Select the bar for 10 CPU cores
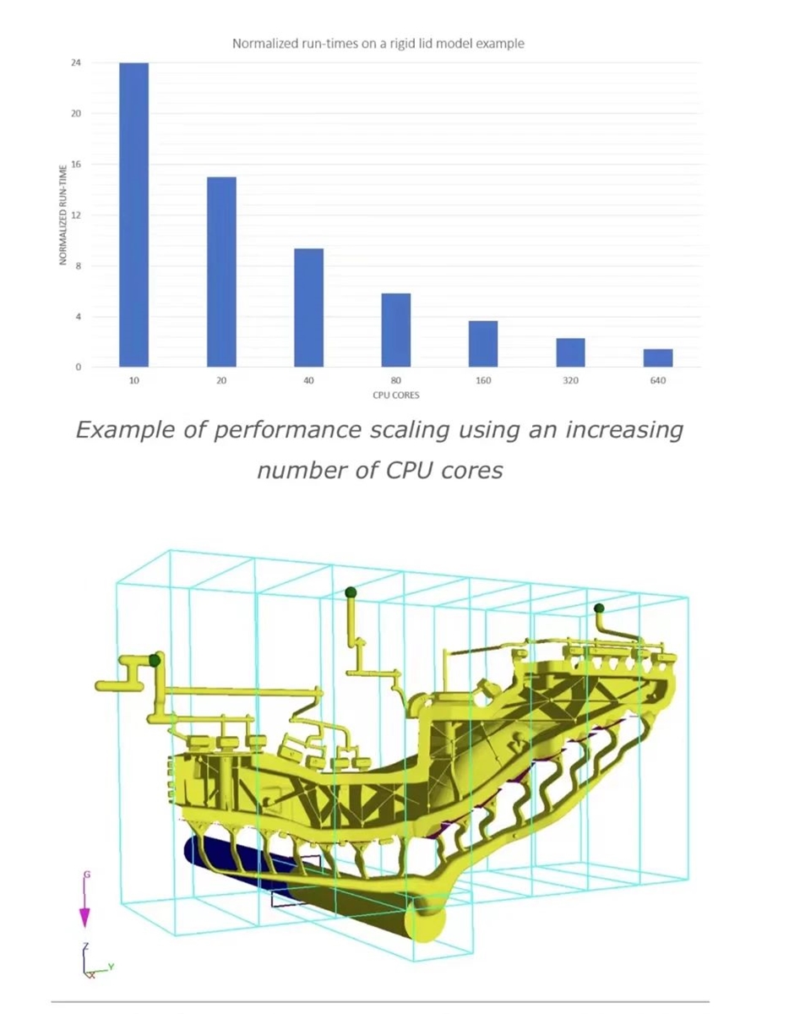pos(133,215)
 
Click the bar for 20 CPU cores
pos(221,271)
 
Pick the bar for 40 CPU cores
pos(308,308)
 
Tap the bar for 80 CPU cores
pos(396,330)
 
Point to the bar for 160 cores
pos(483,344)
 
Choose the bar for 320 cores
pos(571,352)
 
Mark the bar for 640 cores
pos(658,358)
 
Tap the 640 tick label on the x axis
pos(658,381)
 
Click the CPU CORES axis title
pos(396,395)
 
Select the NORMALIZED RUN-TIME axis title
pos(63,215)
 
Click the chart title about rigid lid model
pos(378,43)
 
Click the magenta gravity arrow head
pos(84,918)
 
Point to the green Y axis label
pos(112,966)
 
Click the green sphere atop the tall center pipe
pos(351,593)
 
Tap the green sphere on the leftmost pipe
pos(155,660)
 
